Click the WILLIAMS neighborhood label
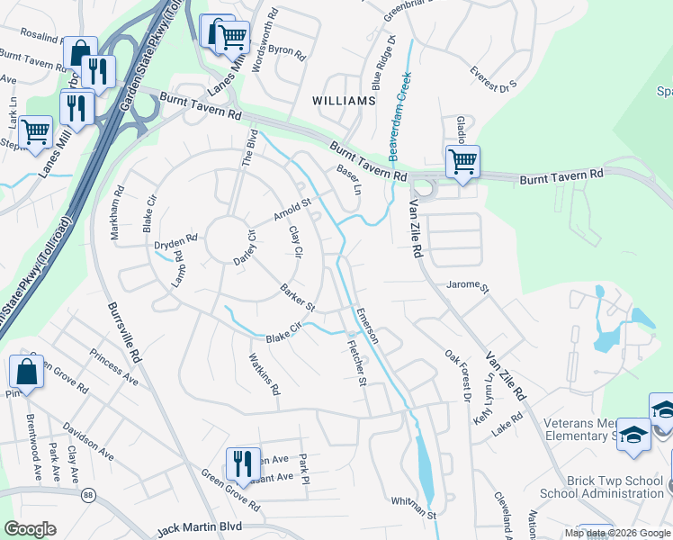coord(343,101)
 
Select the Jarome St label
coord(467,289)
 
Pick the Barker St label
coord(297,298)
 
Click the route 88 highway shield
coord(88,494)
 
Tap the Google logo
coord(31,529)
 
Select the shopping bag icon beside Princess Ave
coord(27,372)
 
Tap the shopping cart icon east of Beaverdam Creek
coord(462,163)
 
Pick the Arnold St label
coord(292,211)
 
